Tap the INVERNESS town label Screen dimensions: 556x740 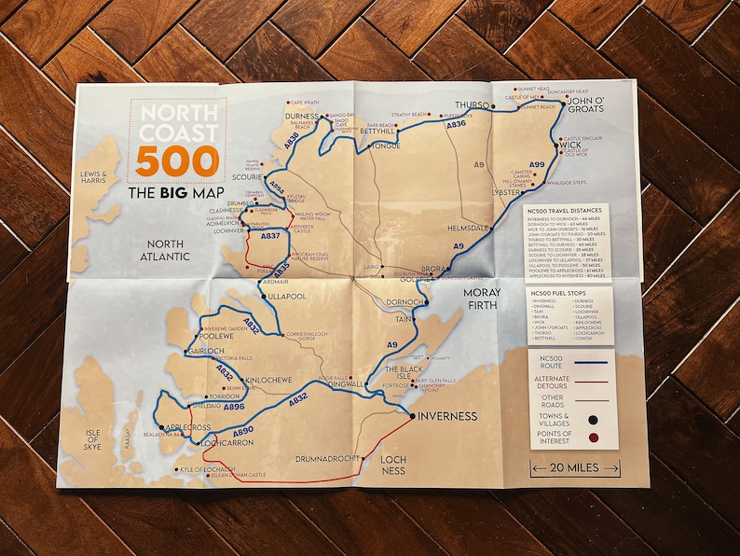pyautogui.click(x=447, y=416)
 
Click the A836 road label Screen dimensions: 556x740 pyautogui.click(x=456, y=123)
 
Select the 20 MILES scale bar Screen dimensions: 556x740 pyautogui.click(x=574, y=469)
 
